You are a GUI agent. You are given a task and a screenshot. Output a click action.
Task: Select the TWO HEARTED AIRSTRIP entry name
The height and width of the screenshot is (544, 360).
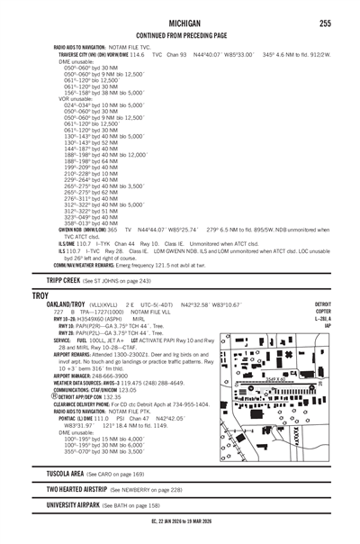89,490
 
